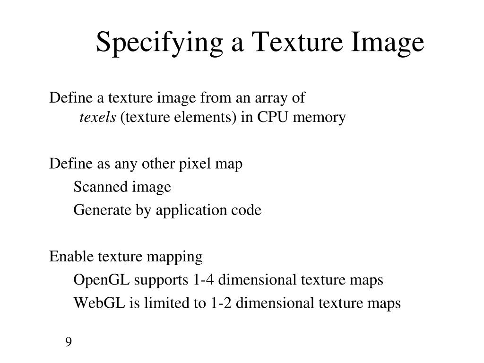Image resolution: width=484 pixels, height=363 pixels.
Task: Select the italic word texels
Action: pos(97,117)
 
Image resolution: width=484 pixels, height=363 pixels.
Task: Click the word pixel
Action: pos(194,164)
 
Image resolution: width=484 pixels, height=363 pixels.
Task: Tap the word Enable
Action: pos(72,257)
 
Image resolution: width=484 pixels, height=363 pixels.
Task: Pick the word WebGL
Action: pos(98,303)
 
